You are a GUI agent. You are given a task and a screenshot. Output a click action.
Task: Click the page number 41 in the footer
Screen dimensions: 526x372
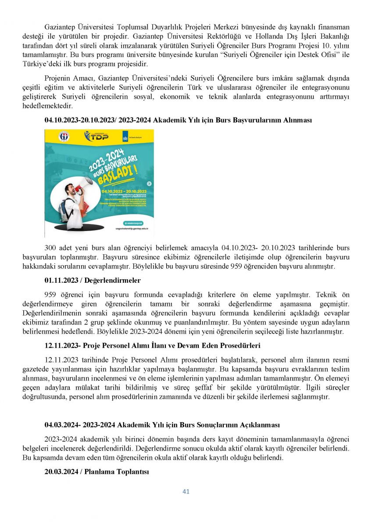click(x=186, y=492)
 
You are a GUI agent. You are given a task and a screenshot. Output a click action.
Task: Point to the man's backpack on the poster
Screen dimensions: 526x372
click(x=66, y=210)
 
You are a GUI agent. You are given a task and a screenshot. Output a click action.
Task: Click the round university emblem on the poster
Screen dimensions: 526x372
click(x=64, y=136)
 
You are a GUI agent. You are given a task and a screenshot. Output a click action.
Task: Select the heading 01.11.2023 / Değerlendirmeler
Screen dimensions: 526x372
click(x=93, y=280)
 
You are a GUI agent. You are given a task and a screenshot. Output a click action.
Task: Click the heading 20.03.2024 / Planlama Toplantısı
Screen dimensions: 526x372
click(x=97, y=472)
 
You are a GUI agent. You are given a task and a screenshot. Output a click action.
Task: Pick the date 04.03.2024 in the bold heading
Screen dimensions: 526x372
click(x=60, y=425)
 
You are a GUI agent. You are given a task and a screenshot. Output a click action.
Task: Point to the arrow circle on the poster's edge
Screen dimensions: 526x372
click(x=149, y=184)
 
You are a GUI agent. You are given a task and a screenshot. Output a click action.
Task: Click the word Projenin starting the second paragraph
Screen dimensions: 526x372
click(x=57, y=78)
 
